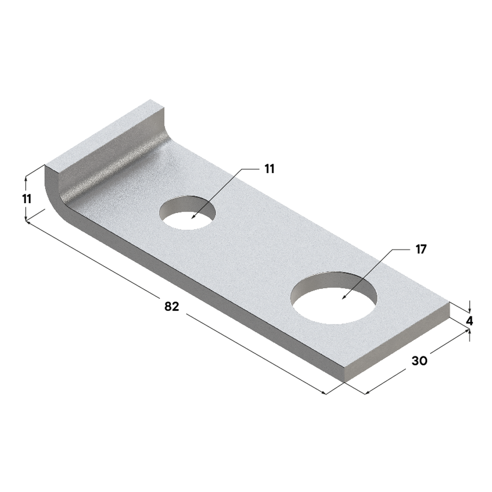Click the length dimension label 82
pyautogui.click(x=171, y=306)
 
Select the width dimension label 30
pyautogui.click(x=419, y=361)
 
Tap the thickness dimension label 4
pyautogui.click(x=469, y=321)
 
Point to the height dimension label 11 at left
pyautogui.click(x=27, y=199)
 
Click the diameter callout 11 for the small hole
pyautogui.click(x=269, y=169)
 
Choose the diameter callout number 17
pyautogui.click(x=420, y=249)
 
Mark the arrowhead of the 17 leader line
pyautogui.click(x=343, y=298)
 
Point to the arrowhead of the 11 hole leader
pyautogui.click(x=193, y=217)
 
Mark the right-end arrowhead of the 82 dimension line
pyautogui.click(x=324, y=393)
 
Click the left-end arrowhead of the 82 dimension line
pyautogui.click(x=28, y=222)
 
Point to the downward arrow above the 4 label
pyautogui.click(x=470, y=309)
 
